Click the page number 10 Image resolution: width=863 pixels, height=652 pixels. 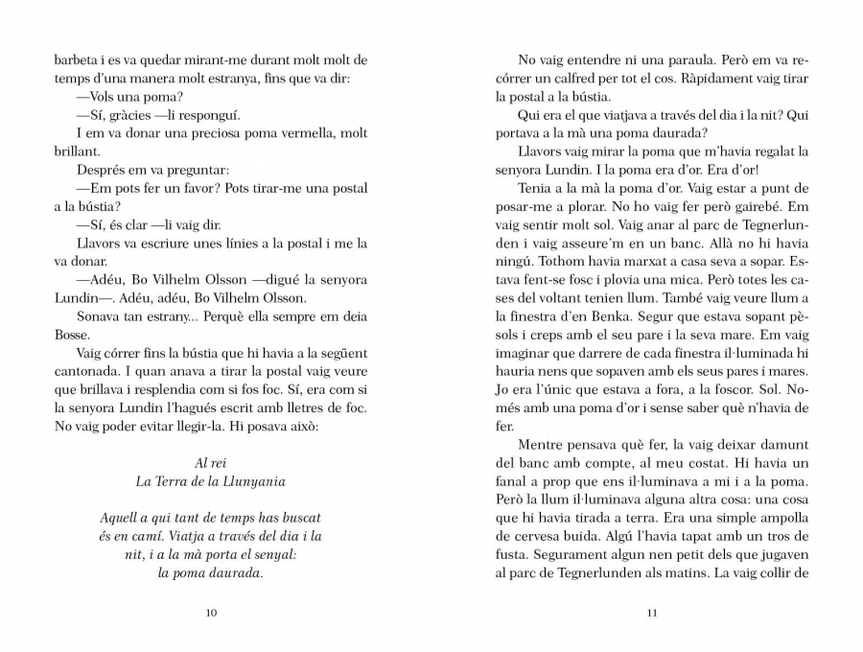click(x=212, y=614)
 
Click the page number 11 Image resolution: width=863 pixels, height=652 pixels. click(x=651, y=614)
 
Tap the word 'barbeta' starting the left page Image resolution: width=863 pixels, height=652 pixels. click(x=62, y=60)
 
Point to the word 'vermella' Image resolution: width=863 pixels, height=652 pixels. click(x=284, y=133)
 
